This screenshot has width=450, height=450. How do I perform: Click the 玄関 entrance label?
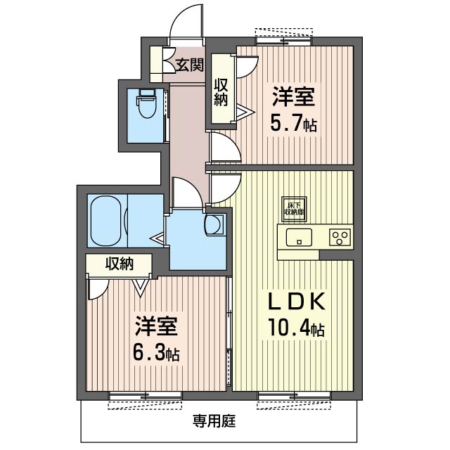tap(189, 65)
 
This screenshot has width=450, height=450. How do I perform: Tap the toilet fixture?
tap(146, 105)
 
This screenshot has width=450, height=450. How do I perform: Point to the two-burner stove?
tap(340, 237)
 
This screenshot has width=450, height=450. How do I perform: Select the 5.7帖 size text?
tap(293, 124)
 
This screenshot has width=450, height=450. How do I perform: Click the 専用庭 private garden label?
tap(214, 422)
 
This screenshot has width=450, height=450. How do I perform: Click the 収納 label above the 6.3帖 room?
tap(120, 264)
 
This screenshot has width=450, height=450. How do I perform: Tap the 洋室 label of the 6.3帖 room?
tap(156, 327)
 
